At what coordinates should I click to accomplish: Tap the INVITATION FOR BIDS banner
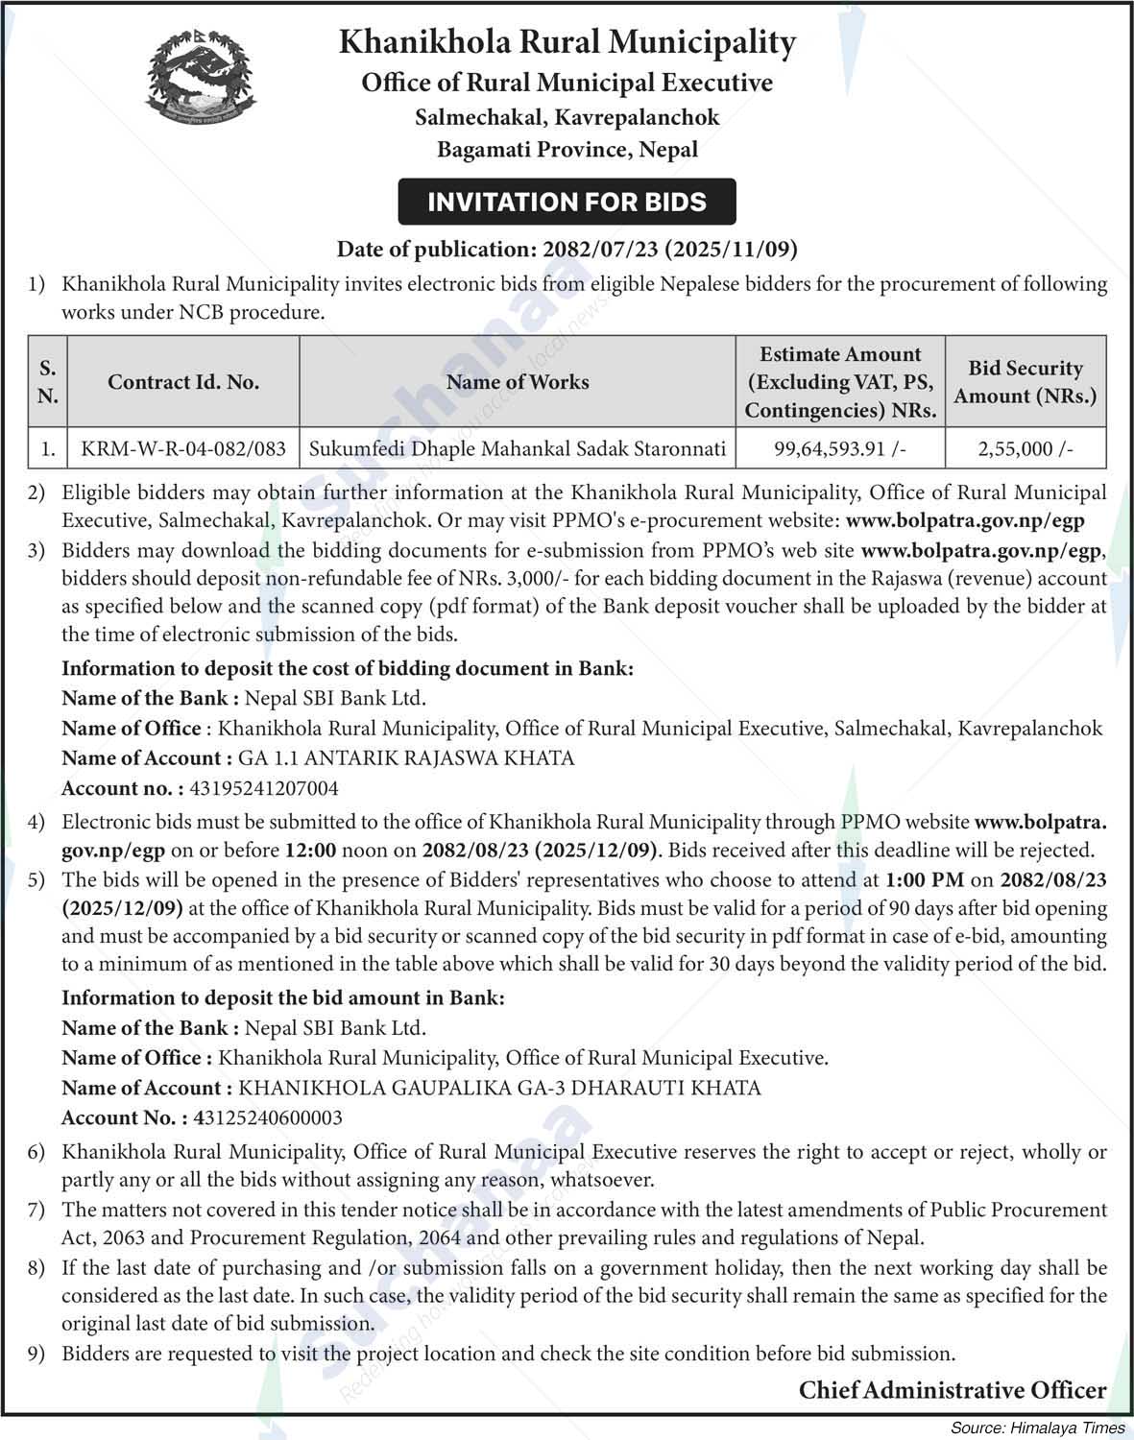(567, 202)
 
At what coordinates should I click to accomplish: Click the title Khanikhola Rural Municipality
(567, 43)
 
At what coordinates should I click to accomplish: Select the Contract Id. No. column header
(183, 382)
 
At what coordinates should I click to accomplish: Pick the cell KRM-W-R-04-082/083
(183, 448)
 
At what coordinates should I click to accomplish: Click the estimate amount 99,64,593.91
(840, 448)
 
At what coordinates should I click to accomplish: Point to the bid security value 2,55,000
(1025, 448)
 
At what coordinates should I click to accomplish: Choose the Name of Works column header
(518, 382)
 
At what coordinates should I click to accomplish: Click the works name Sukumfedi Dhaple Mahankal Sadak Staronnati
(518, 448)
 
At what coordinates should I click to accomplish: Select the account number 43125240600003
(268, 1117)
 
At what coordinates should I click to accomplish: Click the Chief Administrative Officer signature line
(953, 1389)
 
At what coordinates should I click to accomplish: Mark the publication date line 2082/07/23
(567, 250)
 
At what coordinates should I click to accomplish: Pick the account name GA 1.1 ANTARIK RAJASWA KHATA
(406, 758)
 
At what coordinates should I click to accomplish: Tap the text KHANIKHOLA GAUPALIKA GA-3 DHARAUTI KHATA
(499, 1088)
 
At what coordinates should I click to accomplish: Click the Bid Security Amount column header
(1025, 382)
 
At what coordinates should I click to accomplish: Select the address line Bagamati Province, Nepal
(567, 150)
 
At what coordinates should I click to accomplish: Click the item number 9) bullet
(36, 1354)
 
